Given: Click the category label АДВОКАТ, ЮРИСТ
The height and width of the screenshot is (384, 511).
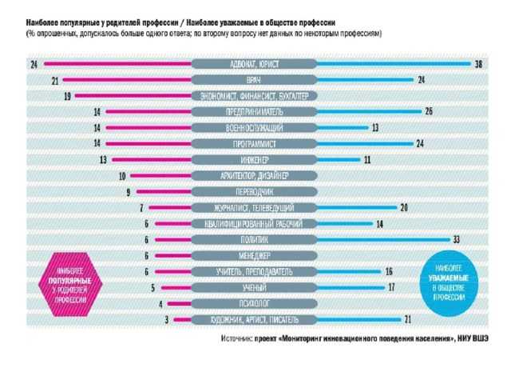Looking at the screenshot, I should [255, 63].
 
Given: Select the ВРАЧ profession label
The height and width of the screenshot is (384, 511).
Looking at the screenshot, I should [255, 80].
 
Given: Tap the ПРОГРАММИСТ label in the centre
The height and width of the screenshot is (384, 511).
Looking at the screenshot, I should [255, 144].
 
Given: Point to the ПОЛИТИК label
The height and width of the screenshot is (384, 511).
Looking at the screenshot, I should [255, 239].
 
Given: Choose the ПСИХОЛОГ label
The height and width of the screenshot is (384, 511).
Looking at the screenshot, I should [255, 303].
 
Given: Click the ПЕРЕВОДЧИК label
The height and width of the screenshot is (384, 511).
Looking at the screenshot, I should [255, 192].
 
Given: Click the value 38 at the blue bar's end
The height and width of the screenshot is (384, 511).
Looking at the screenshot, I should [478, 63].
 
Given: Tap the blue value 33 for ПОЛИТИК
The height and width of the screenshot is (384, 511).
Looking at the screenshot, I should [456, 239].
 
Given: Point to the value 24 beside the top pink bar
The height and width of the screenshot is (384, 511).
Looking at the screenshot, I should [34, 63].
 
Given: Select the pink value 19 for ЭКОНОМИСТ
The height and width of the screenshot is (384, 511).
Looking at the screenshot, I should [67, 96].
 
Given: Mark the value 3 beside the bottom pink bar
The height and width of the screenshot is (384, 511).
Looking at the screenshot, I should [167, 319].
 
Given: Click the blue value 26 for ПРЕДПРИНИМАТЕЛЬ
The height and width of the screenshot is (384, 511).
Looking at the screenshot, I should [429, 112].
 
